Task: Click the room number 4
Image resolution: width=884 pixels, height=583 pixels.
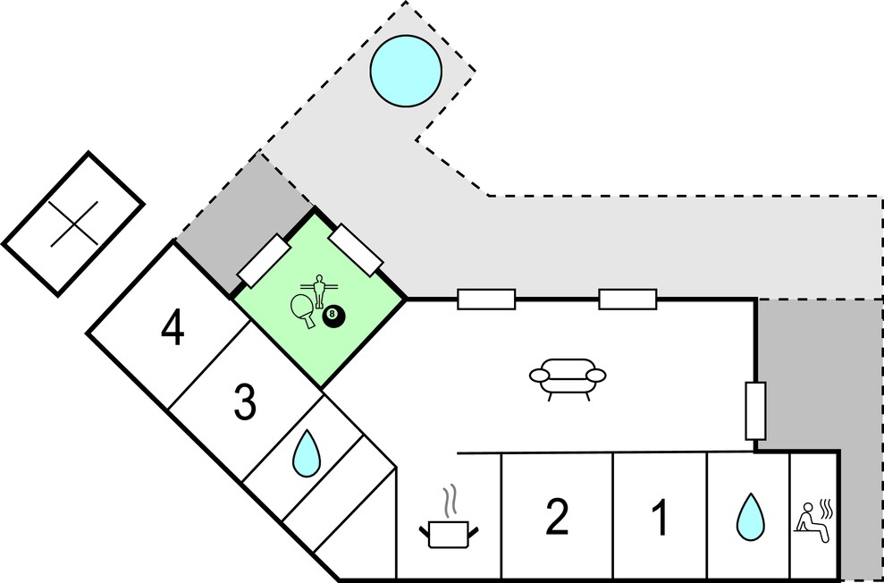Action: [x=173, y=329]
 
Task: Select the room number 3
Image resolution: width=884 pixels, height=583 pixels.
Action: [x=245, y=403]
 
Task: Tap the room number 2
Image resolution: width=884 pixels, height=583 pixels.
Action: [x=557, y=517]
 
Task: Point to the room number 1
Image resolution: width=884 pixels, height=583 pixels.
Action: [x=659, y=517]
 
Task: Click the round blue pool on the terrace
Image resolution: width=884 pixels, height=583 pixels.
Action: [x=406, y=71]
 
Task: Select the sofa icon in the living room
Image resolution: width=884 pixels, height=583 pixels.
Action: [x=568, y=379]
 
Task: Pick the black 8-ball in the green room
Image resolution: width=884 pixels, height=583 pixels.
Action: [x=333, y=317]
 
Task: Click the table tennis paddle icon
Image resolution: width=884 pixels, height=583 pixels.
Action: [x=303, y=311]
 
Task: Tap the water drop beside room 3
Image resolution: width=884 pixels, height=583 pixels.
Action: [x=306, y=453]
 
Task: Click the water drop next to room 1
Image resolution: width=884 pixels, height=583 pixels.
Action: [x=751, y=517]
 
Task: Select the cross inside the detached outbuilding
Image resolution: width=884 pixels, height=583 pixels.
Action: [x=74, y=224]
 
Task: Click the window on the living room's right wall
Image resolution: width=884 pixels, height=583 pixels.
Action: [x=755, y=410]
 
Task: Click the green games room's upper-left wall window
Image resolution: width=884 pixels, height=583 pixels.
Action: [x=264, y=261]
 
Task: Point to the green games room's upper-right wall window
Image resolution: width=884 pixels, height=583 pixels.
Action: [x=356, y=250]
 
